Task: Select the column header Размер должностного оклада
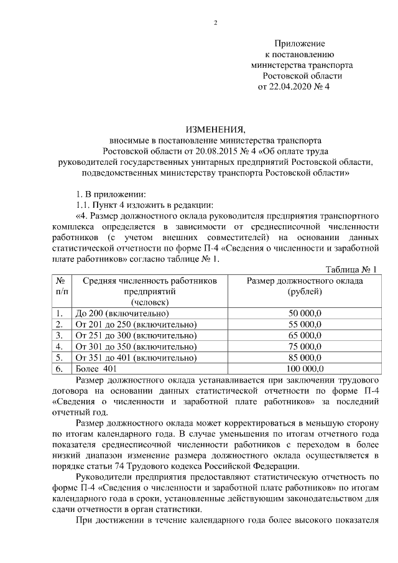(305, 281)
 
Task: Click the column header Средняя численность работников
(150, 281)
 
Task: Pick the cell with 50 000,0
(305, 313)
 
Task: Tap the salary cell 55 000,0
(305, 324)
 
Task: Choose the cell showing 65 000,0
(305, 335)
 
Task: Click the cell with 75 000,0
(305, 347)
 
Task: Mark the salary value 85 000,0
(305, 358)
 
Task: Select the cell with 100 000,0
(305, 369)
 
